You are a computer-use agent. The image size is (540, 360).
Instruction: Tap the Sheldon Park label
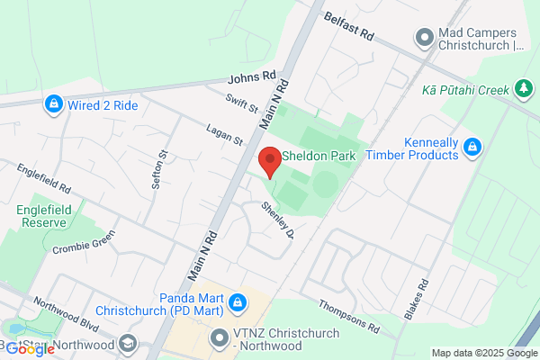319,156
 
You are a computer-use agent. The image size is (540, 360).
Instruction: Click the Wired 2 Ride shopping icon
54,105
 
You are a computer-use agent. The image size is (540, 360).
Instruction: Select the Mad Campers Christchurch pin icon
424,37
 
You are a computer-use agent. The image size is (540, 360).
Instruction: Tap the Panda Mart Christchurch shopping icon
237,302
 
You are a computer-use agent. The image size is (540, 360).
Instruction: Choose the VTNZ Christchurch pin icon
218,339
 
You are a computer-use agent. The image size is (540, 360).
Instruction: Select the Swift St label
242,104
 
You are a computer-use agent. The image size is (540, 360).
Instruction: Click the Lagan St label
224,134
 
